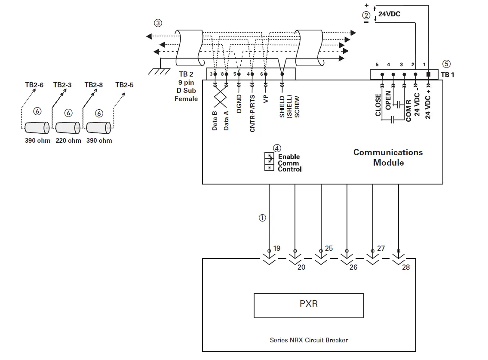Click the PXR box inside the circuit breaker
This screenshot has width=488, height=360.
click(309, 305)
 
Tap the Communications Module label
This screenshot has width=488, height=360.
click(388, 157)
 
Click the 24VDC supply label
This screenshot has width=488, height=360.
click(389, 14)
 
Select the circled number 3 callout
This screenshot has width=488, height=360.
click(158, 23)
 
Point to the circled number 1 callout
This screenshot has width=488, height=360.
click(262, 218)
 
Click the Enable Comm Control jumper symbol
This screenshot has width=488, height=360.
click(269, 162)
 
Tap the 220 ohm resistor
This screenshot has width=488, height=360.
click(68, 128)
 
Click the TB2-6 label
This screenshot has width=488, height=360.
click(34, 85)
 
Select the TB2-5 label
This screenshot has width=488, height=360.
click(124, 85)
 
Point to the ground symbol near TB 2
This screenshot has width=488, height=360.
click(160, 70)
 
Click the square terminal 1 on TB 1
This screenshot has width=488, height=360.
click(428, 74)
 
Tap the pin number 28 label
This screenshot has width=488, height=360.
click(406, 267)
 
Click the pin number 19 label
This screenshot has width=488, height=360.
click(277, 248)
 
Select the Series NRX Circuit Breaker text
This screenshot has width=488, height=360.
click(309, 340)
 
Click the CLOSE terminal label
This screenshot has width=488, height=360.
click(378, 105)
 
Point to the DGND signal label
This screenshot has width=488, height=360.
click(239, 104)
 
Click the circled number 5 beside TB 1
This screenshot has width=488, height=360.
click(446, 64)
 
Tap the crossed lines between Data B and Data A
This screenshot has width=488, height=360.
click(220, 97)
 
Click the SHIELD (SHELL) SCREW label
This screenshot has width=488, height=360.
click(289, 107)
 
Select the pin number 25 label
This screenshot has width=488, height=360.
click(328, 248)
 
